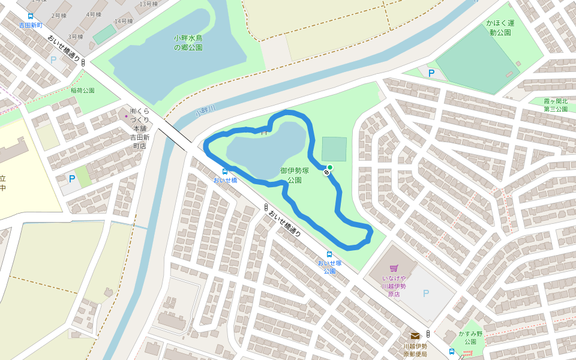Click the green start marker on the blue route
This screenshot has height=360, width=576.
point(329,167)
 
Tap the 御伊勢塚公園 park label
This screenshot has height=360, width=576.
point(294,175)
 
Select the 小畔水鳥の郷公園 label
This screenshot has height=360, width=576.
point(188,43)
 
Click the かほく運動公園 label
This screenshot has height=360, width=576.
point(500,28)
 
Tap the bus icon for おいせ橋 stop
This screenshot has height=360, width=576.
point(225,171)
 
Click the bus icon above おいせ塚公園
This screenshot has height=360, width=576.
point(329,254)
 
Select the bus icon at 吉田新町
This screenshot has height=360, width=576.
point(31,16)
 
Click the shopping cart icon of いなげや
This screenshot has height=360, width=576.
point(394,268)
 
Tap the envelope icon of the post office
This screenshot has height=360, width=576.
point(415,336)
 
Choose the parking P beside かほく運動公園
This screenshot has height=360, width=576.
point(431,73)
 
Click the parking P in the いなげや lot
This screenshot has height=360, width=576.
point(426,293)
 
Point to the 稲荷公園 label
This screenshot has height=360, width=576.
point(83,91)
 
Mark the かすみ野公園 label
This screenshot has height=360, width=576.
point(467,337)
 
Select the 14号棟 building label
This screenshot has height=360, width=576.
point(123,22)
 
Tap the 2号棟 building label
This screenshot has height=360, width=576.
point(59,15)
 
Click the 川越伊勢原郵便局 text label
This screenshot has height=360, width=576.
point(415,350)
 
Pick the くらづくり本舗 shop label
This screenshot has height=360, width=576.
point(139,128)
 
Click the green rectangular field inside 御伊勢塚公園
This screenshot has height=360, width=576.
point(334,149)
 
